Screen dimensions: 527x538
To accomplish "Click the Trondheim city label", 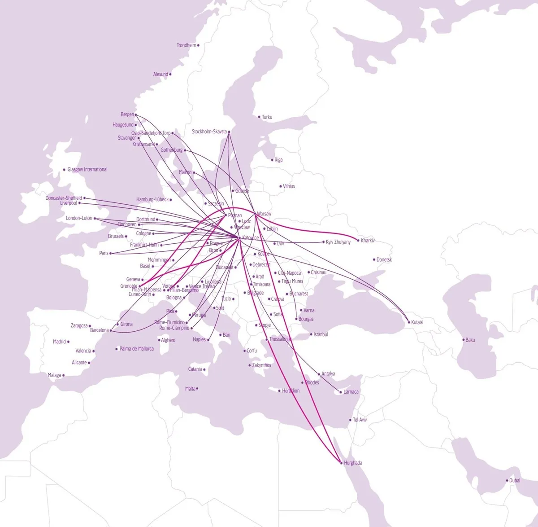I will (186, 45).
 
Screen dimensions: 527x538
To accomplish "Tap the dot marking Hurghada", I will (341, 463).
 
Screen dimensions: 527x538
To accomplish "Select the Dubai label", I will (515, 481).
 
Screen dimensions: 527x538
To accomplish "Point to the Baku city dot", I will (464, 340).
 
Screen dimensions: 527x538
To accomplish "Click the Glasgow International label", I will (87, 170).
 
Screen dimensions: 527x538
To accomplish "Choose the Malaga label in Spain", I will (54, 375).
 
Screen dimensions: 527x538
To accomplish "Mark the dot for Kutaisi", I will (408, 322).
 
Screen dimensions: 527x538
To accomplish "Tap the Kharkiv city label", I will (368, 241).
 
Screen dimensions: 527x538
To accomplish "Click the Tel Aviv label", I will (360, 420).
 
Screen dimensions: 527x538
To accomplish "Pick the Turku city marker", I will (259, 117).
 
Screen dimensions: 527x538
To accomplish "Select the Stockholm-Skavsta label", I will (209, 132).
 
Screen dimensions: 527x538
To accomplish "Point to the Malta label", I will (190, 389).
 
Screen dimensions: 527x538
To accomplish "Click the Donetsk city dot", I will (374, 259).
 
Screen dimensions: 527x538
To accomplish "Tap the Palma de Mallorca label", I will (136, 349).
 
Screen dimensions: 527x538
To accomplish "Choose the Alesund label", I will (161, 75).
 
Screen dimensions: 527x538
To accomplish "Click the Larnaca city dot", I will (341, 392).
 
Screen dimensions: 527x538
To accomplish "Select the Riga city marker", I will (272, 160).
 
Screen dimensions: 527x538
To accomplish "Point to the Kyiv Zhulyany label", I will (338, 242).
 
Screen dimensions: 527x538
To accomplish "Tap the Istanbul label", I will (321, 335).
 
